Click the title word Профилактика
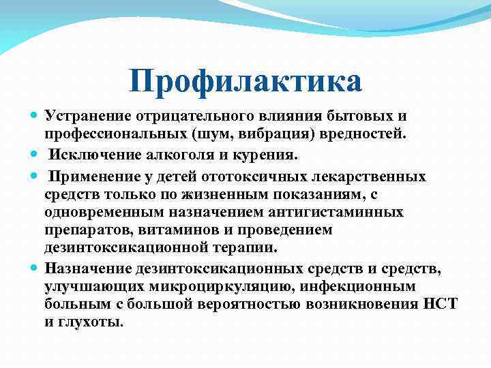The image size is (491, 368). [x=245, y=82]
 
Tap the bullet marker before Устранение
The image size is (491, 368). [x=35, y=117]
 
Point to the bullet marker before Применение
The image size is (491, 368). [x=35, y=177]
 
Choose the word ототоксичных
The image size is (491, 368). [x=238, y=177]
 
